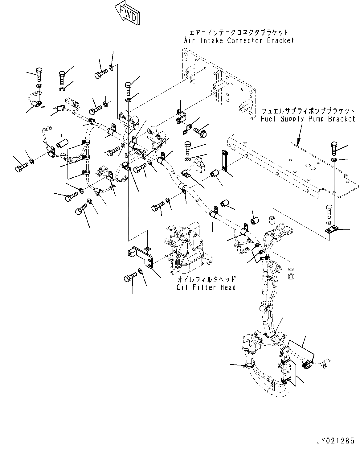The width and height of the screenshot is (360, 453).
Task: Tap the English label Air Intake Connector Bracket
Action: pos(239,40)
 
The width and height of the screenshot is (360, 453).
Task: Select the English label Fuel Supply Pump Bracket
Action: pos(308,119)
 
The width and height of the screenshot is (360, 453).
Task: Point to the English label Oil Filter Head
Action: pos(206,287)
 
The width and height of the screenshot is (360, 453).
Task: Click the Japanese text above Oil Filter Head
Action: pos(206,279)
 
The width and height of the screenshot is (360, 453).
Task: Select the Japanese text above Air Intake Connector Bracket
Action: pos(239,32)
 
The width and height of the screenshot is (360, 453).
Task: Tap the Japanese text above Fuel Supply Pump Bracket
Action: pos(308,111)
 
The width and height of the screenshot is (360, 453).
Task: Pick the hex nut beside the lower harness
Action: pos(290,276)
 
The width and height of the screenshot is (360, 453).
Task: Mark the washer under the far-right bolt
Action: pos(334,159)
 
